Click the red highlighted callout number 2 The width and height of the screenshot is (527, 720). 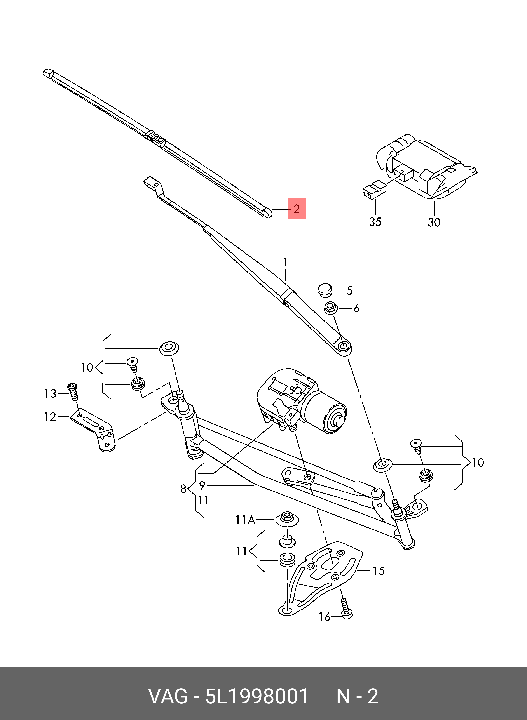(296, 209)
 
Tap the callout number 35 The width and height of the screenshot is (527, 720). (375, 222)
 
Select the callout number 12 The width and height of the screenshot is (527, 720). (50, 417)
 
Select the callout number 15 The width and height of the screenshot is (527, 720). (379, 570)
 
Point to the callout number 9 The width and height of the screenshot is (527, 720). (202, 486)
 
